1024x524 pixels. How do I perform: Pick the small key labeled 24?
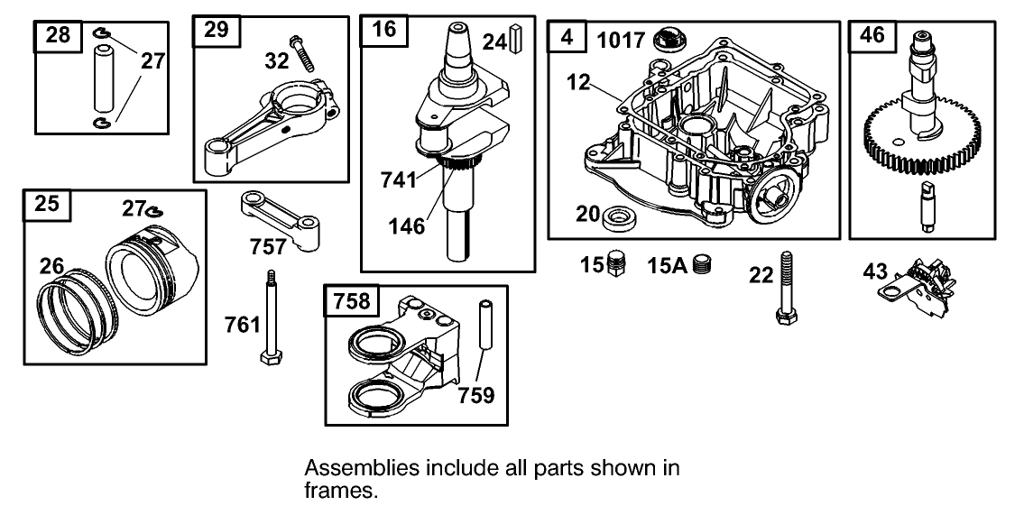coord(517,41)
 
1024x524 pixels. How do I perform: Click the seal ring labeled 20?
coord(618,216)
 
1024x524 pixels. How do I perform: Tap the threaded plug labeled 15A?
coord(705,266)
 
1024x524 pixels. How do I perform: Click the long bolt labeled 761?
coord(269,317)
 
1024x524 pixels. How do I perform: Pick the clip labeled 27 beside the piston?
coord(155,211)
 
